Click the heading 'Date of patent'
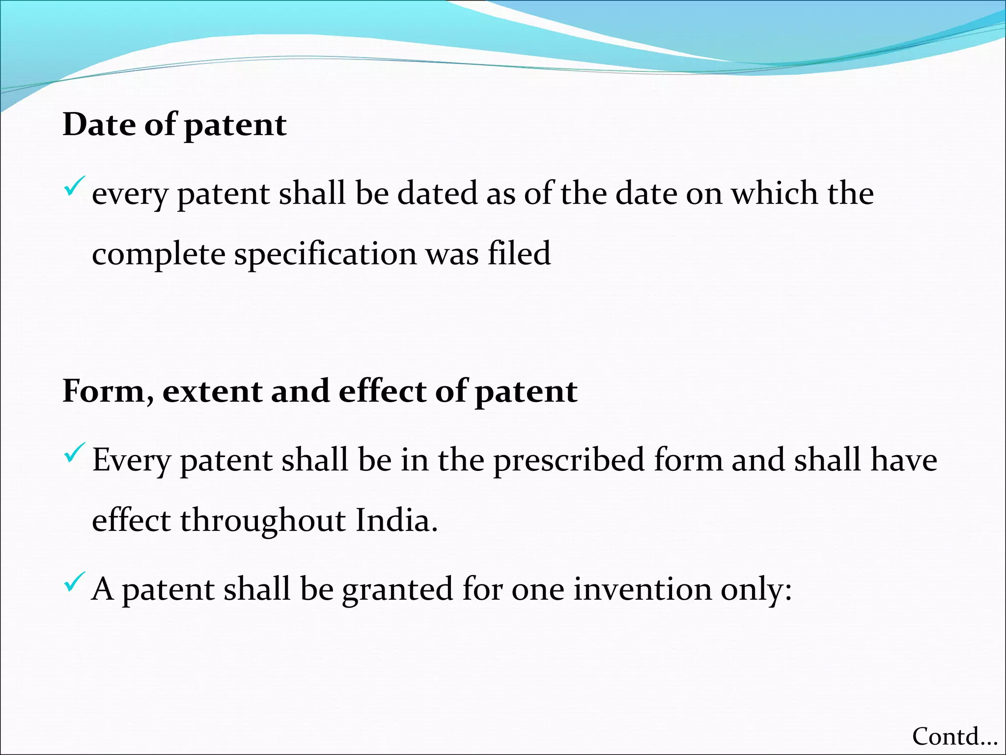pyautogui.click(x=174, y=125)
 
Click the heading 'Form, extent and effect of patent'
pyautogui.click(x=320, y=392)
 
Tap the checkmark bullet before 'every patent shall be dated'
pyautogui.click(x=74, y=187)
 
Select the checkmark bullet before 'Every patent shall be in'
pyautogui.click(x=74, y=453)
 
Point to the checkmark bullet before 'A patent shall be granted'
pyautogui.click(x=74, y=582)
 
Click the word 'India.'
pyautogui.click(x=396, y=521)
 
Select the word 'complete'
pyautogui.click(x=158, y=255)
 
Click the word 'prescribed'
pyautogui.click(x=569, y=461)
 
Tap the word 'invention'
pyautogui.click(x=643, y=589)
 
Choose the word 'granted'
pyautogui.click(x=397, y=590)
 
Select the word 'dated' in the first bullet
pyautogui.click(x=437, y=193)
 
